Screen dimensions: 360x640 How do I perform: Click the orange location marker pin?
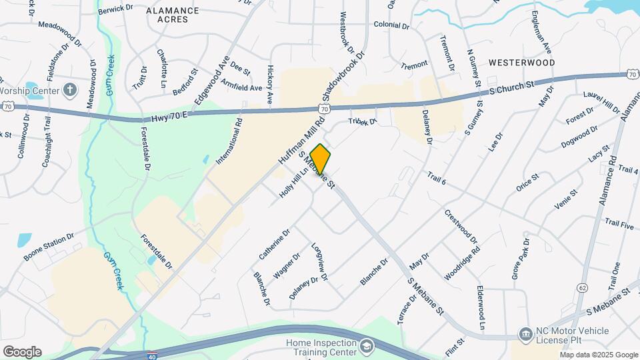321,159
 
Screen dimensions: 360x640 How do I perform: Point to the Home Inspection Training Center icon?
367,346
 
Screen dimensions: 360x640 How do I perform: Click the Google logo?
22,351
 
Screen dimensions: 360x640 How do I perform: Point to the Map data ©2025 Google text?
599,355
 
